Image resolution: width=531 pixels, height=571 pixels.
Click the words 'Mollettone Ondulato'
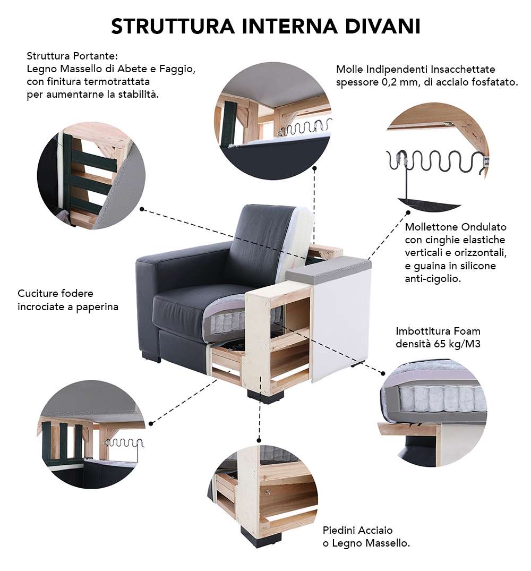456,227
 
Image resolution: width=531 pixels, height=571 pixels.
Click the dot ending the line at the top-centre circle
315,168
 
